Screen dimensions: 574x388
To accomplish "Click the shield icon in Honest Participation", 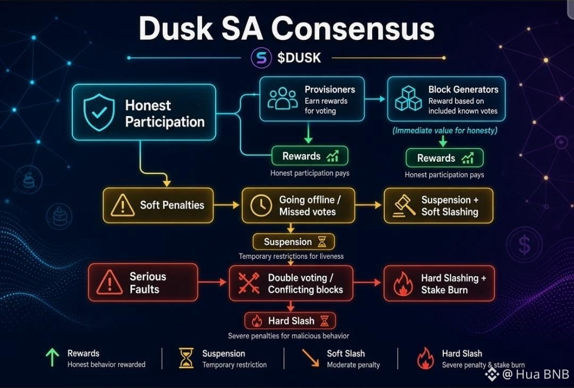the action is (99, 112).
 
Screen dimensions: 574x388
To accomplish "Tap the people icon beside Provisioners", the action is (282, 98).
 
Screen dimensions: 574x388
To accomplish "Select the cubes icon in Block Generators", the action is (408, 98).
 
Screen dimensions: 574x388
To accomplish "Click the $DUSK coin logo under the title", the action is (261, 58).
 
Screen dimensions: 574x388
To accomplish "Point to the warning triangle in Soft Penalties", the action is (122, 205).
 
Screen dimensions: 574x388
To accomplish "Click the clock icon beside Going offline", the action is (261, 205).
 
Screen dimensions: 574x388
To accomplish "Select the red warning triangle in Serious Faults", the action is (109, 283).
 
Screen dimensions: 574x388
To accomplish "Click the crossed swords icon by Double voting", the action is (249, 283).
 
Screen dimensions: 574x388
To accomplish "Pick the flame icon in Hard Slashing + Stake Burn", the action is (403, 284).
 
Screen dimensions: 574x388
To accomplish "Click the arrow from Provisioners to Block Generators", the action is (375, 98).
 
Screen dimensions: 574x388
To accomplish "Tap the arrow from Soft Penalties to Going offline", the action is (226, 205).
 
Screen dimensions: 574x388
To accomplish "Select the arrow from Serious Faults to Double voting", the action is (212, 282).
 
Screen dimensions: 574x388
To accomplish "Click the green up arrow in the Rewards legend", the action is (52, 358).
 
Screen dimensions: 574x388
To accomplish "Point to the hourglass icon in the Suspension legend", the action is (186, 358).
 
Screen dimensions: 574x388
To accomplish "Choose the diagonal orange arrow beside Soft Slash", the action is (310, 358).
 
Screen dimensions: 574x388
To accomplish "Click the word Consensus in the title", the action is (352, 29).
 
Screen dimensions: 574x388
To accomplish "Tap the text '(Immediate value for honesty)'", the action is (445, 130).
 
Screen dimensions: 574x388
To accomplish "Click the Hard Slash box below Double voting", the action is (290, 321).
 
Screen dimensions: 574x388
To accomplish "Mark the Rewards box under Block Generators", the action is (444, 158).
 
